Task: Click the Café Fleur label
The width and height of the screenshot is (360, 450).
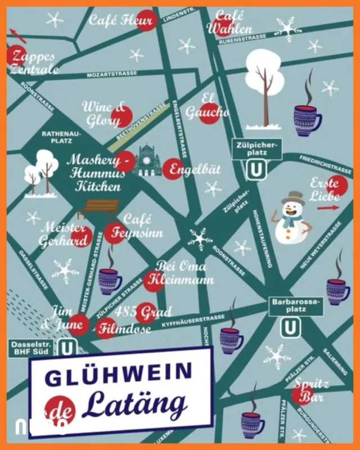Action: (x=121, y=22)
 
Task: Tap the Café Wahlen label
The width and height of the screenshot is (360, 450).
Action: (x=229, y=22)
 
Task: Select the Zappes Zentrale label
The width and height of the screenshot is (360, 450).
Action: (x=34, y=62)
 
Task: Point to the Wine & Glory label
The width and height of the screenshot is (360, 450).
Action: (x=104, y=114)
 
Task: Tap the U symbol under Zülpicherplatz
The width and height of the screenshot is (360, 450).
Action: (x=256, y=169)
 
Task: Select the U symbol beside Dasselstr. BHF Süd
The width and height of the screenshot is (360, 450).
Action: (x=67, y=347)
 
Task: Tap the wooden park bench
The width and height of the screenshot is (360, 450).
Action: (x=99, y=209)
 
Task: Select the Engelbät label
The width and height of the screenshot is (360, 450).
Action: (x=196, y=169)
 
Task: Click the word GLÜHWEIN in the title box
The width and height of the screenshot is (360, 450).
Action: (x=119, y=375)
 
